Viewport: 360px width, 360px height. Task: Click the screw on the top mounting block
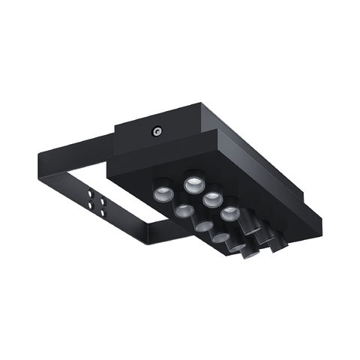point(157,130)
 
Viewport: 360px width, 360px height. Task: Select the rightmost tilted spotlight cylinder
point(275,241)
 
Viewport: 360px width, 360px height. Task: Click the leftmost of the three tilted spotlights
point(250,222)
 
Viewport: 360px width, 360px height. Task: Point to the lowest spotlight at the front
point(238,247)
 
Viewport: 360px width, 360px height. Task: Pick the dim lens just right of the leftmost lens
point(183,211)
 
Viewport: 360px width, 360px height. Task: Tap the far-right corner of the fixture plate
point(321,221)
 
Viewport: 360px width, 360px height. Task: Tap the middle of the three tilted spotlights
point(262,232)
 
